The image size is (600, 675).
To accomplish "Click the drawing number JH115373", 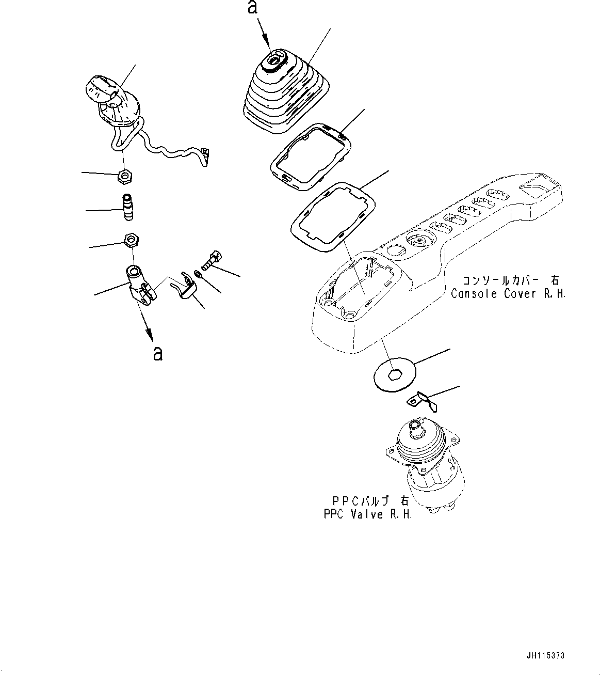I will click(546, 655).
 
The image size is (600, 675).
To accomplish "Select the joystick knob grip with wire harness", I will click(113, 101).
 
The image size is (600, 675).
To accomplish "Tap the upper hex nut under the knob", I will click(125, 177).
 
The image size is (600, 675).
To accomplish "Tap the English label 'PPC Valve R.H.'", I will click(367, 514).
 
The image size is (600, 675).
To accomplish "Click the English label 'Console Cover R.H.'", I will click(508, 294).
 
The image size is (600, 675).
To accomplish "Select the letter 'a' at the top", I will click(252, 8).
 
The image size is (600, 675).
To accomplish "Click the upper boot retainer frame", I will click(309, 155).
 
